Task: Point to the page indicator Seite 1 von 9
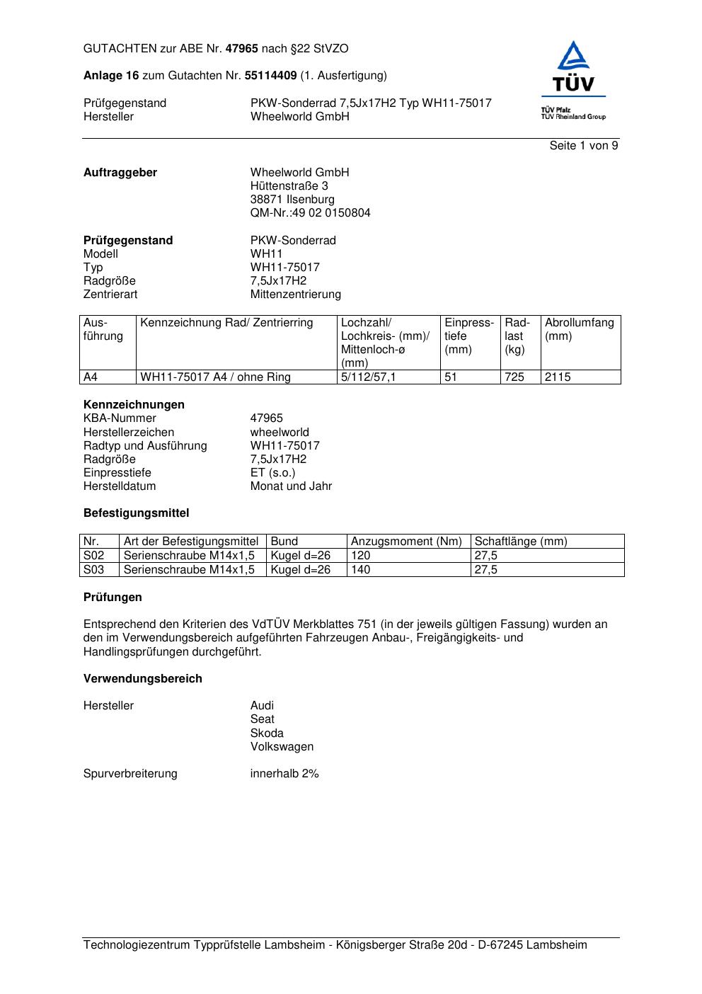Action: (583, 146)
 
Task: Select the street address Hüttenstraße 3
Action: (289, 186)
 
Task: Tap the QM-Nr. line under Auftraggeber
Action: (310, 213)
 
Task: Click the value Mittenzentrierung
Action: (295, 295)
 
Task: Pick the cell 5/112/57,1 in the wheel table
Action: (368, 377)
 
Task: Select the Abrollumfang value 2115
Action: (558, 377)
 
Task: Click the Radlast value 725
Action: (514, 377)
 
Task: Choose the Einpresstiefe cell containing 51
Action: (451, 377)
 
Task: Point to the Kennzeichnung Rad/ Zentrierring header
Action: (226, 324)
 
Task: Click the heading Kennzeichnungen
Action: (134, 405)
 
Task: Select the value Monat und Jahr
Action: (291, 486)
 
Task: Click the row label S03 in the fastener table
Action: (94, 570)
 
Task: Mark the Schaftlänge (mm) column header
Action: (521, 542)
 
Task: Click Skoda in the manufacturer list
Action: (267, 733)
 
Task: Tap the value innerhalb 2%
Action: (284, 774)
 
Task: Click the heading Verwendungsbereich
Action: (143, 679)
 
